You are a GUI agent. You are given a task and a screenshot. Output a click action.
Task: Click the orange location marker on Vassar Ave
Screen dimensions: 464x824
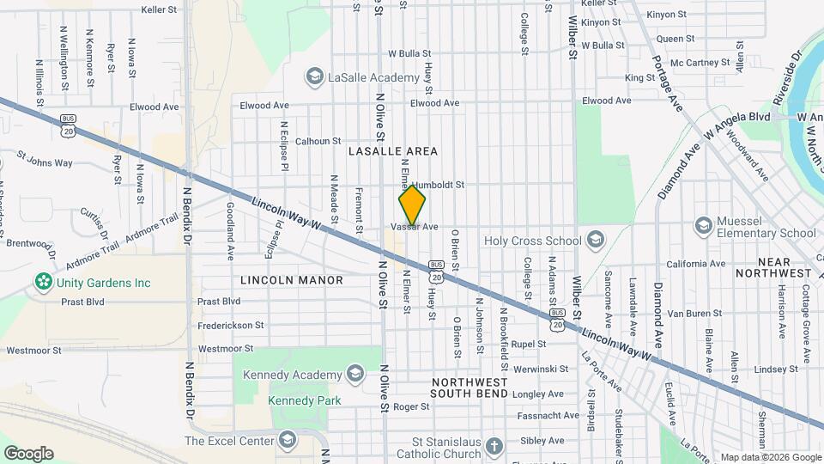[x=412, y=205]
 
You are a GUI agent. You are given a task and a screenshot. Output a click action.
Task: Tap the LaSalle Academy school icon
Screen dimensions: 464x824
[x=315, y=77]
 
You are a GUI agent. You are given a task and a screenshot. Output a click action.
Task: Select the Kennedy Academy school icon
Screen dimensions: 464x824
[x=354, y=374]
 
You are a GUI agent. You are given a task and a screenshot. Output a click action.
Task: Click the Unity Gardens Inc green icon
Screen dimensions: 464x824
[x=41, y=282]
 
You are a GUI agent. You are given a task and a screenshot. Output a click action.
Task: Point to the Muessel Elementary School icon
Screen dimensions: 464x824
[x=703, y=225]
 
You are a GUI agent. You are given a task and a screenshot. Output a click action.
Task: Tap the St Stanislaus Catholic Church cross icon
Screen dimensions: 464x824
[x=493, y=446]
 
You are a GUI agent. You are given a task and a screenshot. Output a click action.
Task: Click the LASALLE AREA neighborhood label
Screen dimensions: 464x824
[x=393, y=151]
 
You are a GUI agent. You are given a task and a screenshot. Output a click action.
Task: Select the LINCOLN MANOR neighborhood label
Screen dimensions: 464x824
[x=292, y=280]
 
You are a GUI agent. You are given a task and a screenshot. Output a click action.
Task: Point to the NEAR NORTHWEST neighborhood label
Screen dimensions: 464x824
[x=785, y=267]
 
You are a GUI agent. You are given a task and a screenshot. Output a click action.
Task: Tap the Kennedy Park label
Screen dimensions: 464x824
[x=305, y=400]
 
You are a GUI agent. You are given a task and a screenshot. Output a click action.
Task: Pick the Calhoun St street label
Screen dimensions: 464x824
[x=318, y=141]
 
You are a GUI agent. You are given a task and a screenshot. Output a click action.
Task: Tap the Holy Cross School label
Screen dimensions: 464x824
[x=533, y=241]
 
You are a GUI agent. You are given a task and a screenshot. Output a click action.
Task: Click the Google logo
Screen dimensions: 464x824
[x=28, y=453]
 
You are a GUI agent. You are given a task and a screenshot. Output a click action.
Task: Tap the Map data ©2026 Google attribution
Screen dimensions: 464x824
[x=770, y=457]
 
